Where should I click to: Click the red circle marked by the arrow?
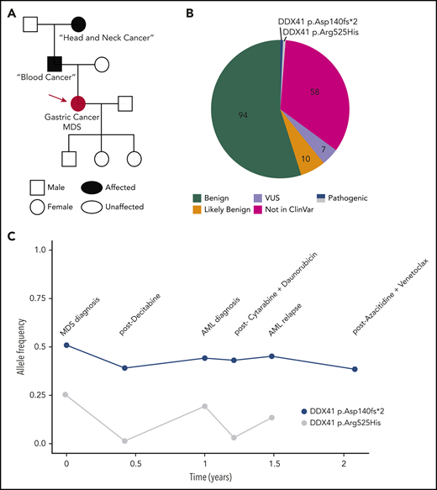click(78, 103)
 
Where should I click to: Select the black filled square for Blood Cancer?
click(55, 63)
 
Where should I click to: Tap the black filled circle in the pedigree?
click(79, 25)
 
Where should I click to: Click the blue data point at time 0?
click(66, 345)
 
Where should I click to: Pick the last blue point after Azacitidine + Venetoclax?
click(355, 369)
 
